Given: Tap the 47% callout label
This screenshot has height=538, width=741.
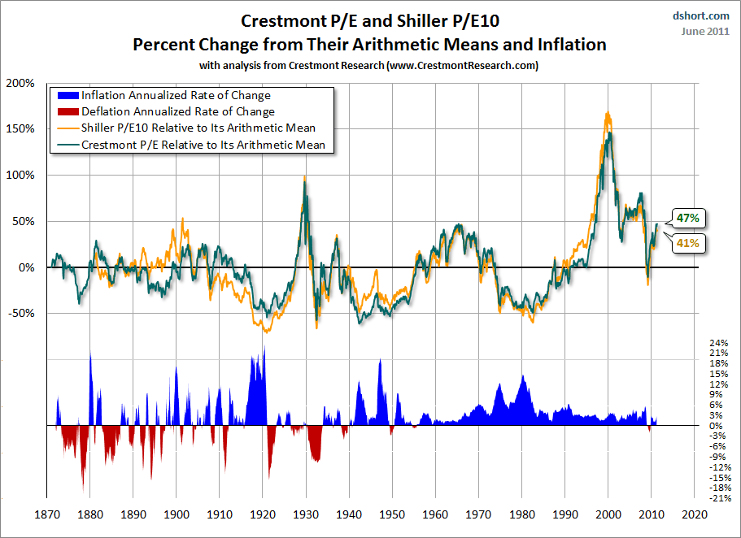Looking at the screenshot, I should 688,218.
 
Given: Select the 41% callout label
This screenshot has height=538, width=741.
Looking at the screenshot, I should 688,242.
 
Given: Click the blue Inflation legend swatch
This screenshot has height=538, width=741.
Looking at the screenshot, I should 64,96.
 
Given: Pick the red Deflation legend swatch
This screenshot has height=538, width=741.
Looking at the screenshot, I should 64,112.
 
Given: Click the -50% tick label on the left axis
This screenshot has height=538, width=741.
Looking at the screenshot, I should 20,313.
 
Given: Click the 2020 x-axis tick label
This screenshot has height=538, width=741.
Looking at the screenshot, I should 695,515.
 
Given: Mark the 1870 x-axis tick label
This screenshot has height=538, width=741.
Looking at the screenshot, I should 47,515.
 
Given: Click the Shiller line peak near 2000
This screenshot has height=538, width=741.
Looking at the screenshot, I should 608,113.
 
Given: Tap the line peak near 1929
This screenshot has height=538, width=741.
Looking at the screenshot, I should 304,177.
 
